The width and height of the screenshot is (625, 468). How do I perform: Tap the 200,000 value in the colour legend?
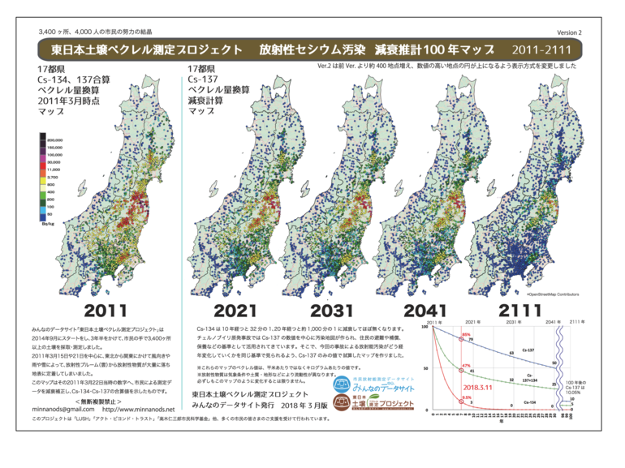[55, 140]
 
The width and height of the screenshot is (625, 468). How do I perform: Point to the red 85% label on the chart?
[466, 333]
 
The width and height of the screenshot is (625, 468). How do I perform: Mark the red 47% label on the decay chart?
[466, 366]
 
